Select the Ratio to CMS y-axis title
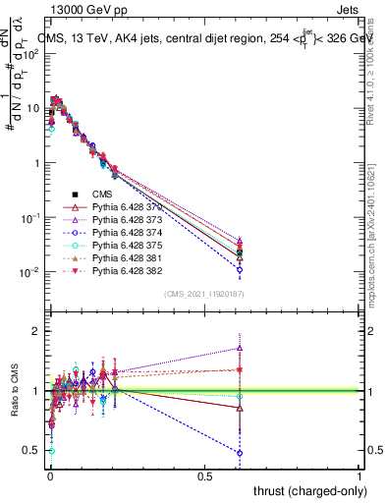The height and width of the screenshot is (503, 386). (x=13, y=391)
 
